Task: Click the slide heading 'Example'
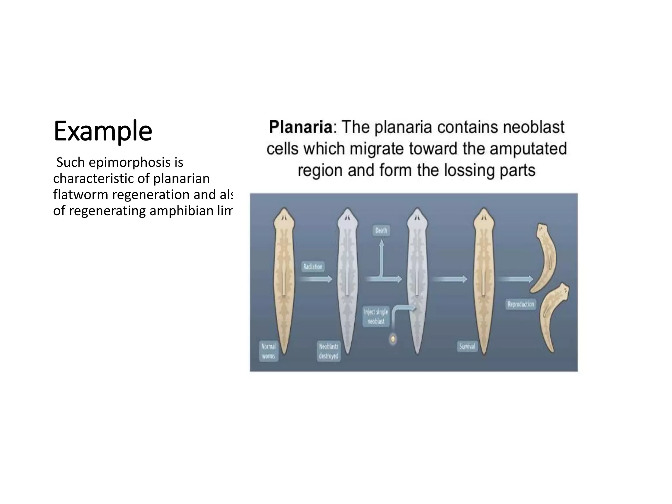103,131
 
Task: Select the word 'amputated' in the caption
528,149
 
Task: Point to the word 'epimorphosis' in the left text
129,162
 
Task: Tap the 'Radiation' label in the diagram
313,266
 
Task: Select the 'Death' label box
381,231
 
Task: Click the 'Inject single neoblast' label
376,316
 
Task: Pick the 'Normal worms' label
268,351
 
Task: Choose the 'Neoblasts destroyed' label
328,351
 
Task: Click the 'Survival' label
467,346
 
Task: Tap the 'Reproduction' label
520,304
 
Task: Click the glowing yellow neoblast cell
392,339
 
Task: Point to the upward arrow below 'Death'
381,258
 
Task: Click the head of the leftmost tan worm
284,218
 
